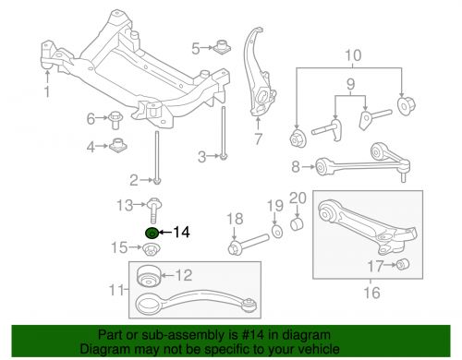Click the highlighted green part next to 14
[152, 233]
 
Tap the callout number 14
[181, 232]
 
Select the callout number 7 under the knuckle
[258, 139]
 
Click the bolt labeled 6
[115, 120]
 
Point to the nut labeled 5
[222, 46]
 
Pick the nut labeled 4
[118, 145]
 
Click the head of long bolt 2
[157, 180]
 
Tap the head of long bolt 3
[224, 157]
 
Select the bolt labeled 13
[154, 210]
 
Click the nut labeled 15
[151, 249]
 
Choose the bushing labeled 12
[149, 276]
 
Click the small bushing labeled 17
[402, 264]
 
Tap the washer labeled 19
[277, 232]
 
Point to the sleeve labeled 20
[297, 224]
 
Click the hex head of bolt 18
[234, 247]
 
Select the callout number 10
[353, 55]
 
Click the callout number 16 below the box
[371, 293]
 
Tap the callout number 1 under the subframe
[47, 91]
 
